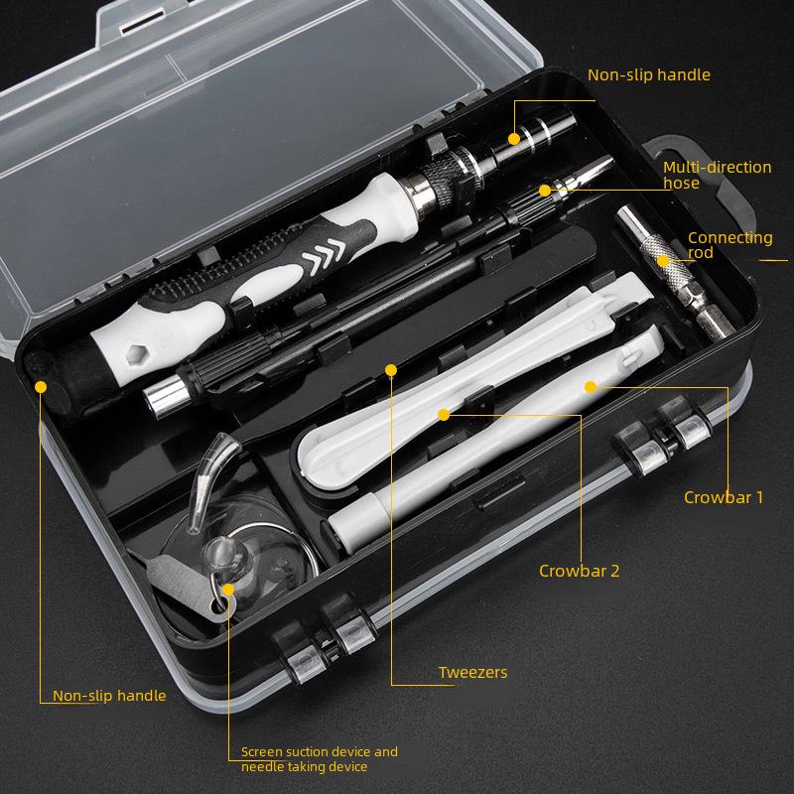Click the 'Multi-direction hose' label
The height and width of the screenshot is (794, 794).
717,175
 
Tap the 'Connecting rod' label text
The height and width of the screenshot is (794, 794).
729,245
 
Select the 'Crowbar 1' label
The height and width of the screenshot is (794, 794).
724,497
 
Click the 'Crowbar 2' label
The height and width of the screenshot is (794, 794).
580,571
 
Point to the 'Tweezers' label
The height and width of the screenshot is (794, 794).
472,673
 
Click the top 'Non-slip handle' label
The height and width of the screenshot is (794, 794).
649,74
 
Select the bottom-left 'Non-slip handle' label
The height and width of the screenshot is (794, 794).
109,696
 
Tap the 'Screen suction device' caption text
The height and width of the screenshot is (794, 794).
319,759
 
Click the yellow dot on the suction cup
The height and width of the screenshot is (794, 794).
228,589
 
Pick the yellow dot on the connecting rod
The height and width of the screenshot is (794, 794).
663,261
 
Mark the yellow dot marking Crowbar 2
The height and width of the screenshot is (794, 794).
444,413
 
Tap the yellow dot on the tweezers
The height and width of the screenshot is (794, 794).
391,370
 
